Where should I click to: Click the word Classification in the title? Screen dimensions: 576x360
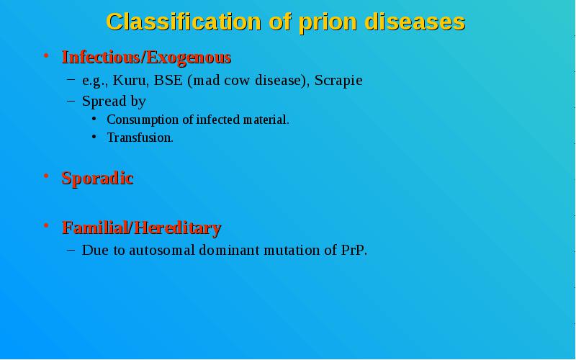pyautogui.click(x=184, y=22)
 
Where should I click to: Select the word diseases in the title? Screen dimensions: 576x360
pyautogui.click(x=415, y=22)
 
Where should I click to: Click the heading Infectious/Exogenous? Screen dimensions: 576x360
pyautogui.click(x=146, y=58)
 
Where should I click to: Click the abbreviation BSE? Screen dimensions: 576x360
pyautogui.click(x=168, y=80)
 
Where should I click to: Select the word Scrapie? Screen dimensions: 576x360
pyautogui.click(x=338, y=81)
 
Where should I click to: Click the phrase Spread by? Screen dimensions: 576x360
pyautogui.click(x=114, y=102)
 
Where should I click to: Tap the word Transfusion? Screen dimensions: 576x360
pyautogui.click(x=139, y=138)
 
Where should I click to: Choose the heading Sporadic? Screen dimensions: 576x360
pyautogui.click(x=97, y=178)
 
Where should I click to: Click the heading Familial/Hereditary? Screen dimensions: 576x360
pyautogui.click(x=141, y=228)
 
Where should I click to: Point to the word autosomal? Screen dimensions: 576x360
pyautogui.click(x=162, y=250)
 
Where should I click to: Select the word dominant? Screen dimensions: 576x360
pyautogui.click(x=229, y=250)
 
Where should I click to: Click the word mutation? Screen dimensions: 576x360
pyautogui.click(x=292, y=250)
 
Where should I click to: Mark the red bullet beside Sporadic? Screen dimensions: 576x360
pyautogui.click(x=46, y=176)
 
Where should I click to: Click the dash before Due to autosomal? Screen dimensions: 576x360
pyautogui.click(x=71, y=250)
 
